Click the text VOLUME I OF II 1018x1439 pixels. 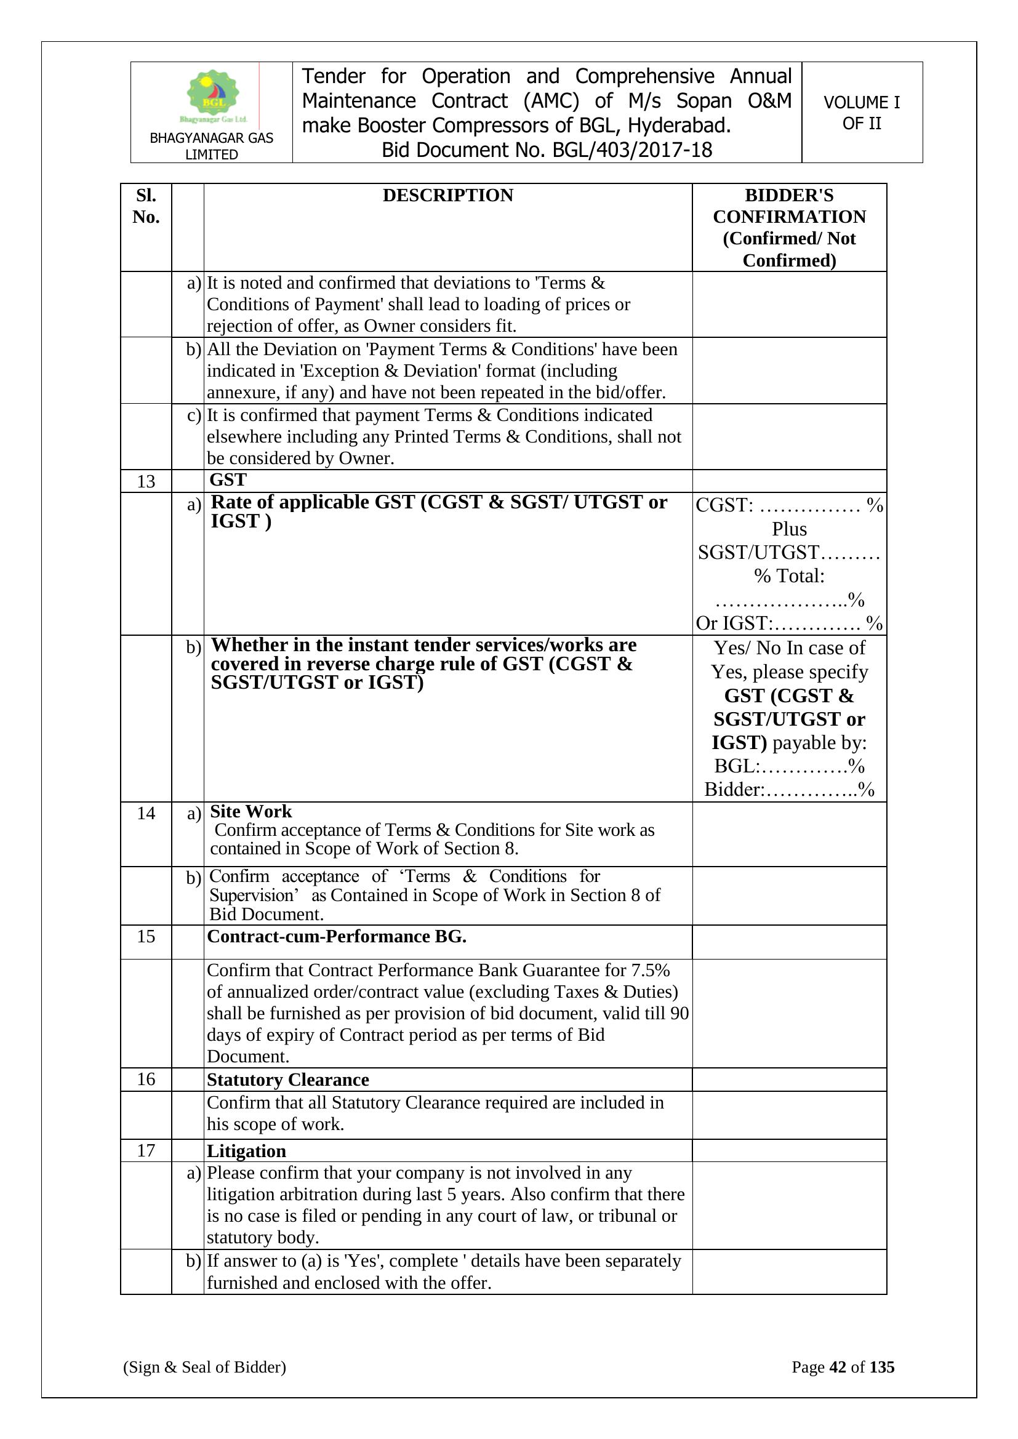click(861, 113)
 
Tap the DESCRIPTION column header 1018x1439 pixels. click(447, 196)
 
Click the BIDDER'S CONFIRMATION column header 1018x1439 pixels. click(789, 227)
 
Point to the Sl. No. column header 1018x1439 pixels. click(146, 206)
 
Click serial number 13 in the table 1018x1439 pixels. click(146, 481)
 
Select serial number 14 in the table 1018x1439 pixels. click(146, 813)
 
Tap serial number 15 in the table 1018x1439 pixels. click(146, 936)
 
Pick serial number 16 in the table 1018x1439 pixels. click(146, 1080)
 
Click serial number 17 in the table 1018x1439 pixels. click(146, 1151)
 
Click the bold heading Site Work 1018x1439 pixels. click(250, 812)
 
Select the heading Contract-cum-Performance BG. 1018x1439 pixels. click(337, 936)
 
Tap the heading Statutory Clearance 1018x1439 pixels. click(287, 1080)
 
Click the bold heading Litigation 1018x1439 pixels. click(246, 1152)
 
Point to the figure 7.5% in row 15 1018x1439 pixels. click(650, 970)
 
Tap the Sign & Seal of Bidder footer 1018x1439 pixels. click(204, 1367)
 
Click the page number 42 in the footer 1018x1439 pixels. click(838, 1367)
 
